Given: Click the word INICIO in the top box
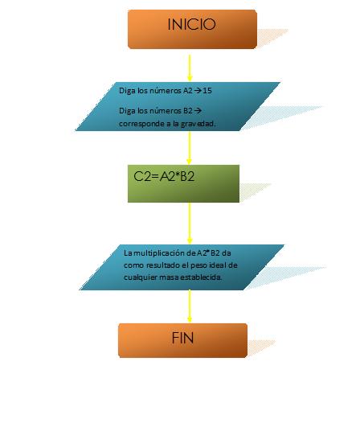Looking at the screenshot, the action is [191, 24].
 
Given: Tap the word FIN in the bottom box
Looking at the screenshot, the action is [182, 338].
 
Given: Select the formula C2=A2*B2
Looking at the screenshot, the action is [164, 176].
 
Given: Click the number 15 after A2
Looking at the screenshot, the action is [207, 90].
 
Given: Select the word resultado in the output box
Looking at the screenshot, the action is [162, 265].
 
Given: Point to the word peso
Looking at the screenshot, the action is [198, 265].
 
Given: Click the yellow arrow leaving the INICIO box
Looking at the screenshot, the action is [190, 68].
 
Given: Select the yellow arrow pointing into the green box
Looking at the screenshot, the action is [190, 148].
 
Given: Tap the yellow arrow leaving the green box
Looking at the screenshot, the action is [190, 223].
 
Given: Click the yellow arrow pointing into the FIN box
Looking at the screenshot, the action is [190, 306].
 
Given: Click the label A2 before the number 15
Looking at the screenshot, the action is [188, 90].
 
